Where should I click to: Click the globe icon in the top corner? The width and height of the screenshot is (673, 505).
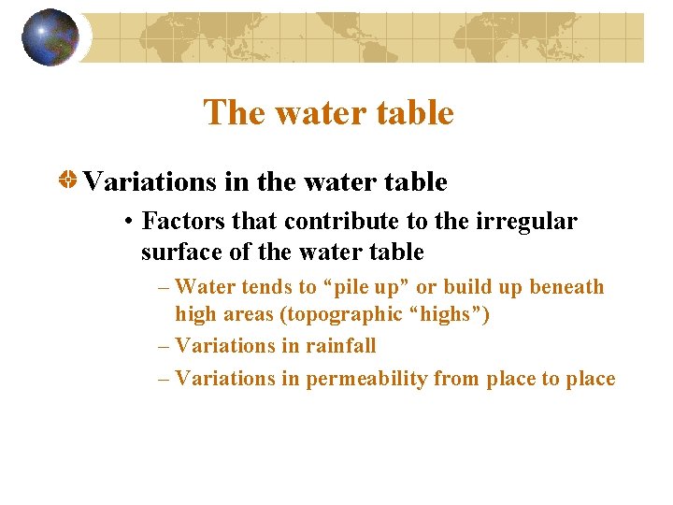(50, 37)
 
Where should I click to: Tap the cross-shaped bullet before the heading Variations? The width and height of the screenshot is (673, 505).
(69, 180)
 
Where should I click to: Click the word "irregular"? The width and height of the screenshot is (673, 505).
(527, 222)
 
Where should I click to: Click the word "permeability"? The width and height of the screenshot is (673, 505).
(370, 379)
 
